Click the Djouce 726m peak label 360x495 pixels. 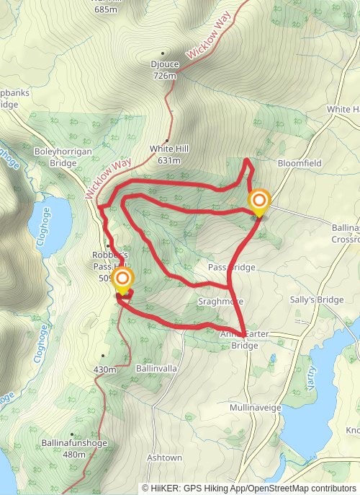pos(164,69)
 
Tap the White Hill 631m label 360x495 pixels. pos(169,154)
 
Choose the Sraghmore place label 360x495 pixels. pos(220,301)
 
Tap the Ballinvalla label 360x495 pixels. pos(156,367)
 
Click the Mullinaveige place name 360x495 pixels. pos(255,408)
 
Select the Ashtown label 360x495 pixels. pos(164,457)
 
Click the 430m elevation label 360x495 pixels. pos(104,369)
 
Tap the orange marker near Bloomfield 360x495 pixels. pos(258,201)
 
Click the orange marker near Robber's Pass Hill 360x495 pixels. pos(123,279)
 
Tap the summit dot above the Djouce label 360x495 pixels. pos(163,53)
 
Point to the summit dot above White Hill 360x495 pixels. pos(167,140)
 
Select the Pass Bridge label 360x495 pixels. pos(231,268)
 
